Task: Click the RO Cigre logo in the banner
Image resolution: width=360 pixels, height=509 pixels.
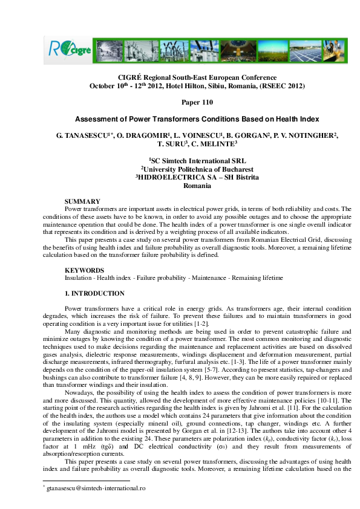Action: (68, 48)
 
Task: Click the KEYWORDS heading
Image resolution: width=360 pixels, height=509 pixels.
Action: (84, 270)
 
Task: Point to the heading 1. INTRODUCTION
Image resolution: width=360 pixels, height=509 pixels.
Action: (94, 293)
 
